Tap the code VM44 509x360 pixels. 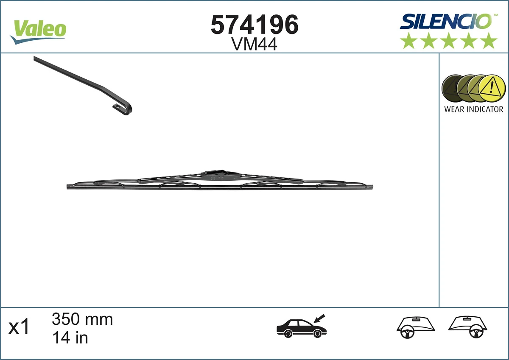click(x=255, y=44)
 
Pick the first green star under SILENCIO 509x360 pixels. click(x=408, y=41)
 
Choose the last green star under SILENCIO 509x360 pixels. click(x=489, y=41)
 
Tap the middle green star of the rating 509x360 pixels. click(x=449, y=41)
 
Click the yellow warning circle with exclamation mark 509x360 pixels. click(x=492, y=88)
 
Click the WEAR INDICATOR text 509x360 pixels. click(x=473, y=109)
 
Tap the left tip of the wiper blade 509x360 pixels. click(x=69, y=186)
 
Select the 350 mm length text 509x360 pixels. click(x=82, y=319)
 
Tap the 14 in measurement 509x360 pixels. click(x=70, y=338)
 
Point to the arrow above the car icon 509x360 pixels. click(x=320, y=318)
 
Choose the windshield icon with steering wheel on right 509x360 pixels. click(x=468, y=327)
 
